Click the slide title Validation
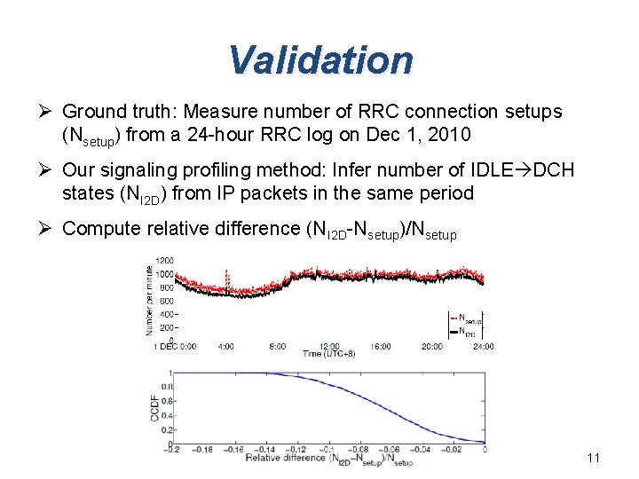[x=319, y=60]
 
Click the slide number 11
[x=594, y=458]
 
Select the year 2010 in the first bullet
[x=450, y=135]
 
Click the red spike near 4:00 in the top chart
[x=227, y=277]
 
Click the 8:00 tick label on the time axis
[x=277, y=346]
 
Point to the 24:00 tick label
[x=482, y=346]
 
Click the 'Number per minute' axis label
[x=147, y=296]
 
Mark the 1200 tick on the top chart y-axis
[x=165, y=260]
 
